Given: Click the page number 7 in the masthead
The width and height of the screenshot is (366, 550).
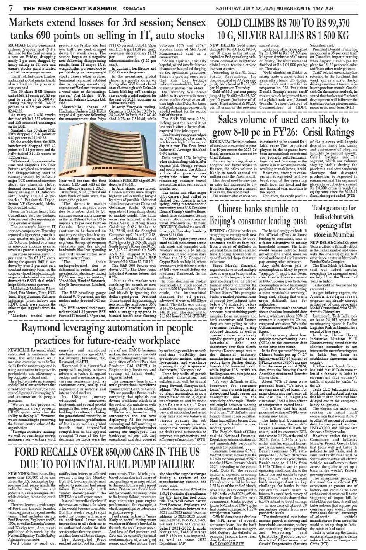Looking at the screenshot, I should (11, 7).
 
